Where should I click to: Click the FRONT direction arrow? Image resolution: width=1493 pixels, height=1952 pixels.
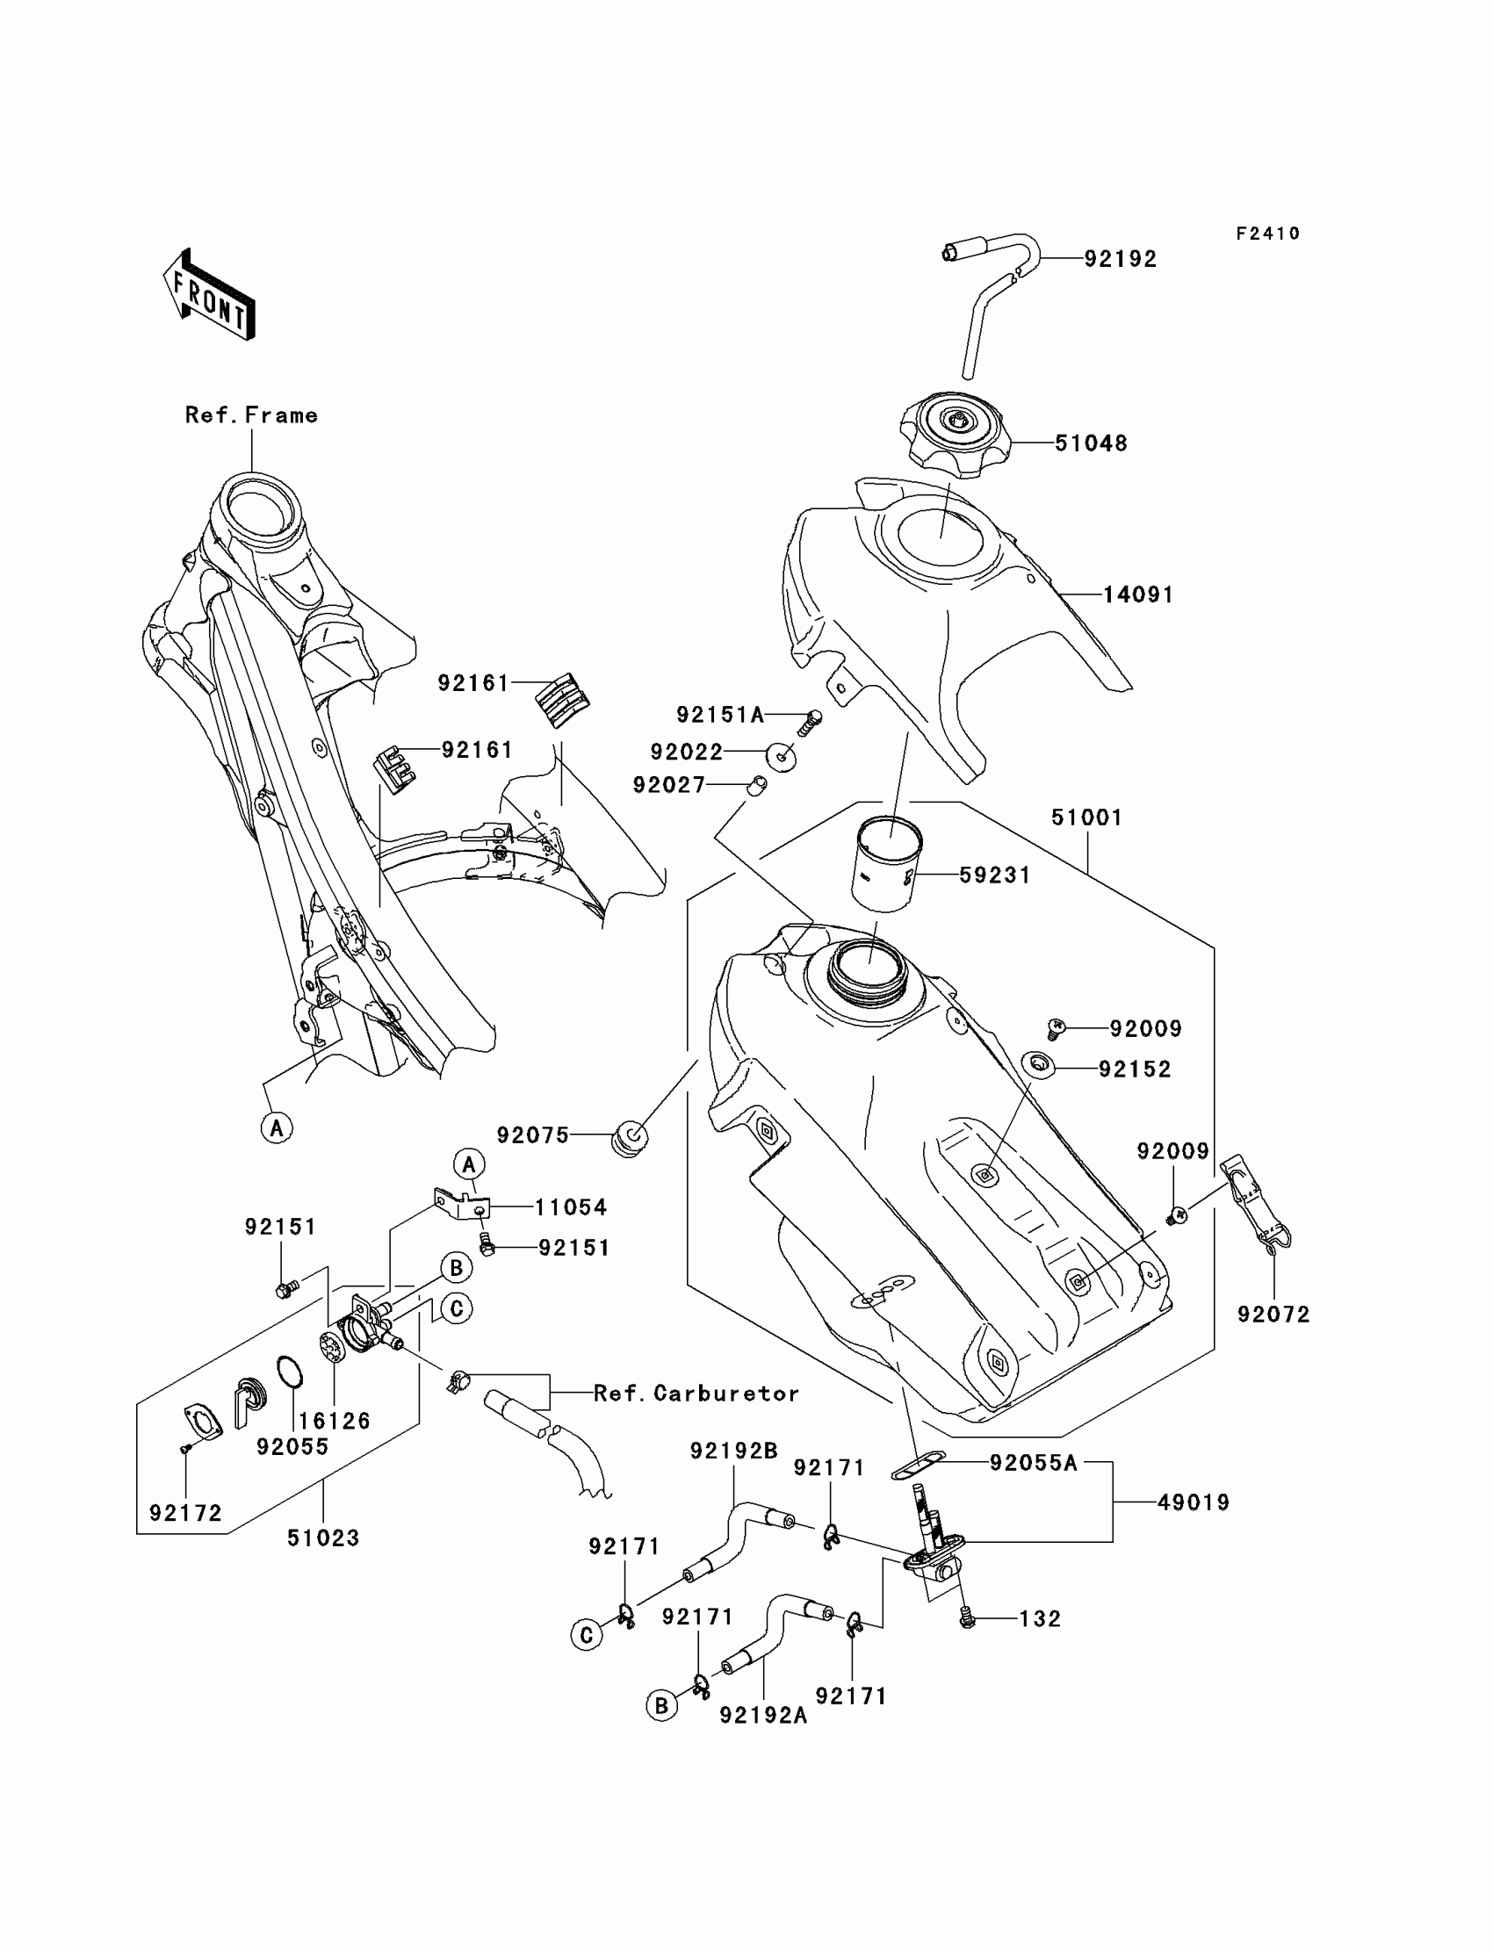point(209,294)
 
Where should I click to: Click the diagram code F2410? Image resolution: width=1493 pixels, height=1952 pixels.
point(1268,234)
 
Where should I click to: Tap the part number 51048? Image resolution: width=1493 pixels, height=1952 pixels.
point(1092,443)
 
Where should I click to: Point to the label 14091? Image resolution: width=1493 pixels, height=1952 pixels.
point(1138,594)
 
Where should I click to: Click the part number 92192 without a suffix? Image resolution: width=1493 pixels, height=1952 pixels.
point(1121,258)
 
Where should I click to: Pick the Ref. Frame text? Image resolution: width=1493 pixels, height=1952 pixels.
point(251,415)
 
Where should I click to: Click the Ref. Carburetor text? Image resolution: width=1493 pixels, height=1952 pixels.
point(696,1394)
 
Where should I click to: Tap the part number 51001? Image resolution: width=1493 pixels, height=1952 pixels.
point(1087,818)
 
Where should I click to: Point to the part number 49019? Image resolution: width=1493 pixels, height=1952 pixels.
point(1194,1502)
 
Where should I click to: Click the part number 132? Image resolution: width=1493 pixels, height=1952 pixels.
point(1040,1619)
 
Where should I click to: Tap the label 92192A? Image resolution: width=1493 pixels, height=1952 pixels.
point(763,1715)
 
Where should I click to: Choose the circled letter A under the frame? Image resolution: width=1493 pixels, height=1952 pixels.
point(278,1128)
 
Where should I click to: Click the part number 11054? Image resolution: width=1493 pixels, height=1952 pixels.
point(571,1207)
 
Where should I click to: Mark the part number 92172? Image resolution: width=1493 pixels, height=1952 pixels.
point(185,1513)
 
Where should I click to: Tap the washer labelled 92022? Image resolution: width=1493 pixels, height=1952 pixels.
point(781,758)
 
